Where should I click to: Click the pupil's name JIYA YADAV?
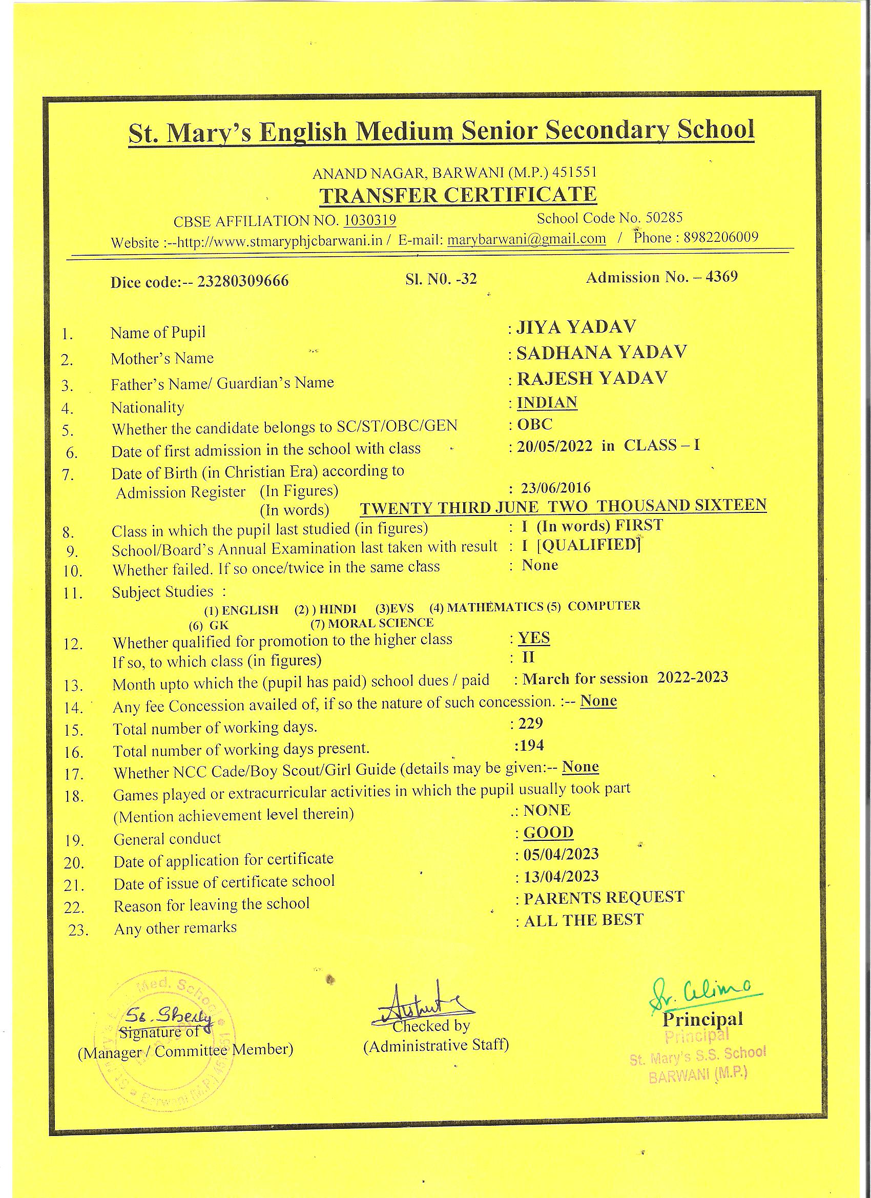pyautogui.click(x=576, y=327)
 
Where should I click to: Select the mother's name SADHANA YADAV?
pyautogui.click(x=601, y=353)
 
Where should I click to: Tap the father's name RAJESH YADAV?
pyautogui.click(x=592, y=378)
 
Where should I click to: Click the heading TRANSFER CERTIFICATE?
pyautogui.click(x=458, y=195)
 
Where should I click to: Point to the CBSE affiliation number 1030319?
pyautogui.click(x=370, y=220)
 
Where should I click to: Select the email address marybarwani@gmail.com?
pyautogui.click(x=526, y=239)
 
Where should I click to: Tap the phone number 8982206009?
pyautogui.click(x=720, y=237)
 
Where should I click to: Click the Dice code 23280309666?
pyautogui.click(x=243, y=280)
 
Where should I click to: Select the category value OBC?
pyautogui.click(x=534, y=424)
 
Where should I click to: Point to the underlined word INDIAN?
pyautogui.click(x=547, y=403)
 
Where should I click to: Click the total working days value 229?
pyautogui.click(x=531, y=723)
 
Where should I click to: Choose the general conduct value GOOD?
pyautogui.click(x=548, y=833)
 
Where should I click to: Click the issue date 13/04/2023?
pyautogui.click(x=561, y=877)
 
